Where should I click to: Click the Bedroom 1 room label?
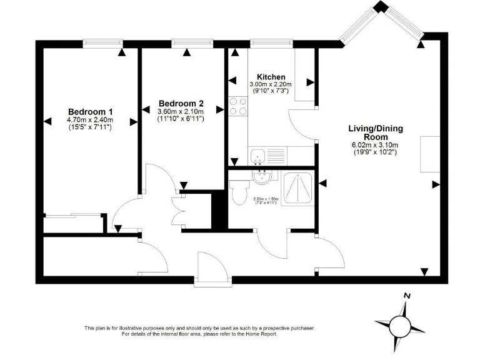point(90,111)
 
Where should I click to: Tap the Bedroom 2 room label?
point(181,103)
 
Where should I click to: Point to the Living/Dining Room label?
point(376,132)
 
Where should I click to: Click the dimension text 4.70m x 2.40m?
point(90,119)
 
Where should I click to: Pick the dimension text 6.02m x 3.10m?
point(376,145)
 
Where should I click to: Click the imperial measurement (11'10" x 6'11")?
point(181,119)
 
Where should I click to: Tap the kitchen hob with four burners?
point(238,107)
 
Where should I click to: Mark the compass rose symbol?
point(400,324)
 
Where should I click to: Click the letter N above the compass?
point(407,296)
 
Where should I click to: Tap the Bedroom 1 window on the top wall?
point(102,43)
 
